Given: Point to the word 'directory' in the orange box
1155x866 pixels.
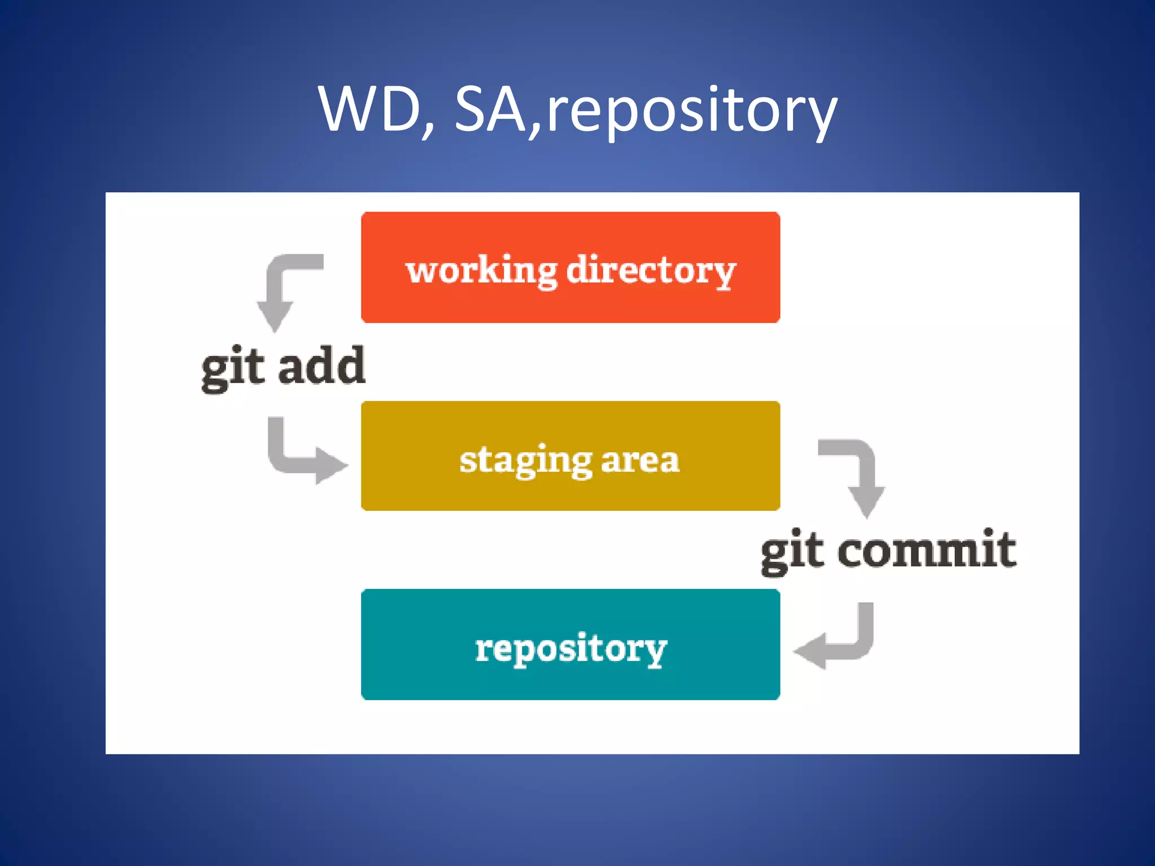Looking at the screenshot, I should click(x=651, y=271).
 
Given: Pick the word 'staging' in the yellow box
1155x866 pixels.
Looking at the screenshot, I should click(x=525, y=461).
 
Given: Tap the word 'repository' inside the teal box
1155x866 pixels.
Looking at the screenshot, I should click(x=571, y=648).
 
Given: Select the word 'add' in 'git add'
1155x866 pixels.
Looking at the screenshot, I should click(x=322, y=366).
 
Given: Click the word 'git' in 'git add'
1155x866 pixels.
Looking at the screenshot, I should click(x=232, y=369).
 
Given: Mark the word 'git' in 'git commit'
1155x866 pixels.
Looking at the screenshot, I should click(x=792, y=552).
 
